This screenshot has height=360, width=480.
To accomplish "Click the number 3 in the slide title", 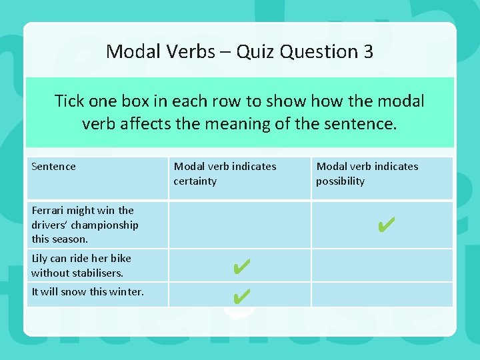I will (367, 51).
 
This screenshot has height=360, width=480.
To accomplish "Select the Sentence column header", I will (53, 167).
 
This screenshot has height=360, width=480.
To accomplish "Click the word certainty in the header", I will (195, 181).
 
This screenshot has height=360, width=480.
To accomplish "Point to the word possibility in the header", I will (340, 181).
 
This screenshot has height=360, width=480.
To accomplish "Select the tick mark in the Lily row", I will (241, 267).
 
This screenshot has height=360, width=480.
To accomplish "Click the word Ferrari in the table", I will (49, 211).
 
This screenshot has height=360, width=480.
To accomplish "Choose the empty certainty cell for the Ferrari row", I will (239, 225).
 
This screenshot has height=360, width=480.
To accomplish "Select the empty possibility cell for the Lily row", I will (382, 265).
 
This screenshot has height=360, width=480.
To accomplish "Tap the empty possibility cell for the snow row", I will (382, 294).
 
